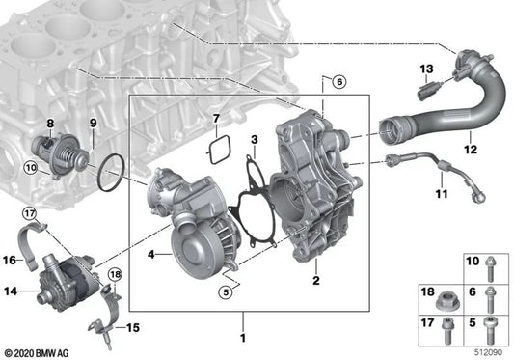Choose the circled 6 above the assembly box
click(338, 82)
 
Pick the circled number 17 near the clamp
click(29, 213)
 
